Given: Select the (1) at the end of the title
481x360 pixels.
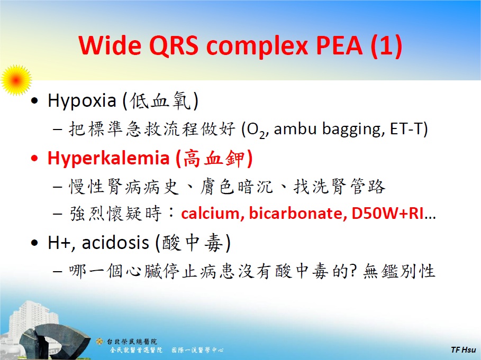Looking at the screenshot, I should tap(386, 47).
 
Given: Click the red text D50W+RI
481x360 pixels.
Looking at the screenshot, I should tap(388, 215).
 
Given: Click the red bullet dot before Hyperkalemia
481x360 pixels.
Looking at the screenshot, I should tap(35, 158).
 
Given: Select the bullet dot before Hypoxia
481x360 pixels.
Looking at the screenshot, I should tap(35, 101).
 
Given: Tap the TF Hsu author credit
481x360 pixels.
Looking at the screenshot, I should tap(463, 350).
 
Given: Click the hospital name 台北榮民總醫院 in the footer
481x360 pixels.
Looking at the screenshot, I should tap(132, 341).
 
